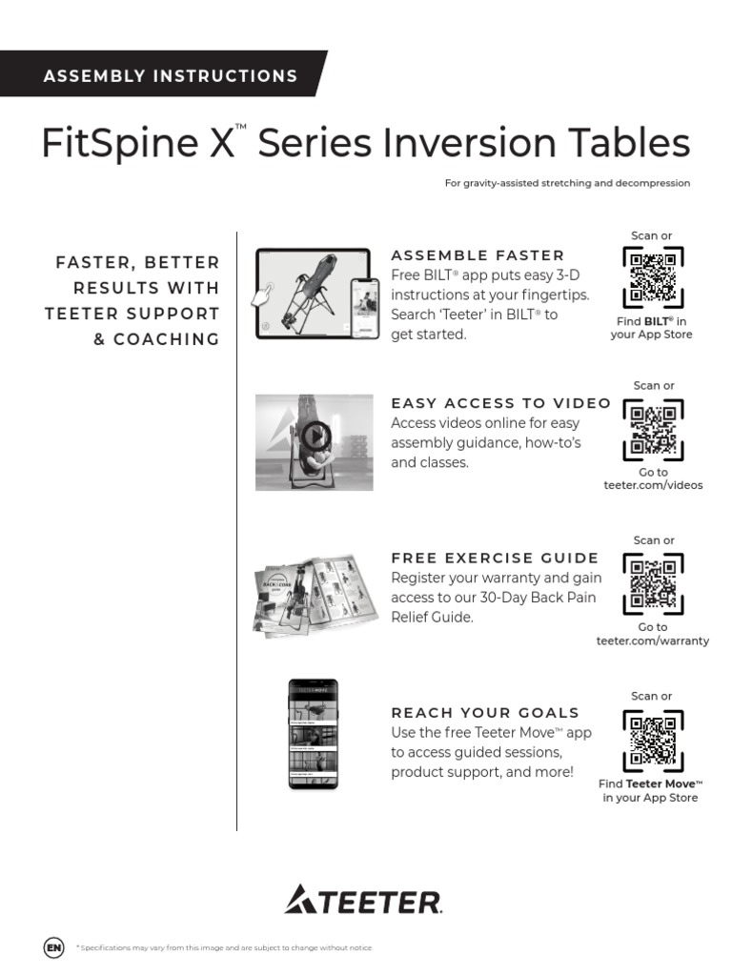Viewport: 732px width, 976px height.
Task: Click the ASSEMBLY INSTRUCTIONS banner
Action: [x=170, y=76]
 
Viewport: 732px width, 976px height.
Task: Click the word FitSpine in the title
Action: [x=119, y=144]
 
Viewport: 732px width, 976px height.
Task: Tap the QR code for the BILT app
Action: [x=653, y=276]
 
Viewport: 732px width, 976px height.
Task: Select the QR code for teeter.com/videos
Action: [x=653, y=429]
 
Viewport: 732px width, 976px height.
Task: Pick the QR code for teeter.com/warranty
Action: [x=653, y=583]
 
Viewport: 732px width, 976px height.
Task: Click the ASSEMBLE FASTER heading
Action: [x=478, y=255]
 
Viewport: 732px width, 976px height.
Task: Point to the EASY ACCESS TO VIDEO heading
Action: [x=501, y=403]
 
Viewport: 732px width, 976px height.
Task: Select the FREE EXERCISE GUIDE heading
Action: [x=495, y=558]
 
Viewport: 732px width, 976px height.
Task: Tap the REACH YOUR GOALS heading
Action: [x=485, y=712]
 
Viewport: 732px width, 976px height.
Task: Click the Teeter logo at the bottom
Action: [x=363, y=900]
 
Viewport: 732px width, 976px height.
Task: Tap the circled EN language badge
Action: [x=54, y=947]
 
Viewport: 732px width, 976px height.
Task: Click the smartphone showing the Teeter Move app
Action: [x=313, y=734]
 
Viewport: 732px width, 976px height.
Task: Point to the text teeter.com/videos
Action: [x=653, y=485]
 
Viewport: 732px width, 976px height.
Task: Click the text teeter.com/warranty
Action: [x=653, y=640]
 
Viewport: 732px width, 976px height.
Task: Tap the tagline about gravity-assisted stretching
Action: [x=567, y=183]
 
